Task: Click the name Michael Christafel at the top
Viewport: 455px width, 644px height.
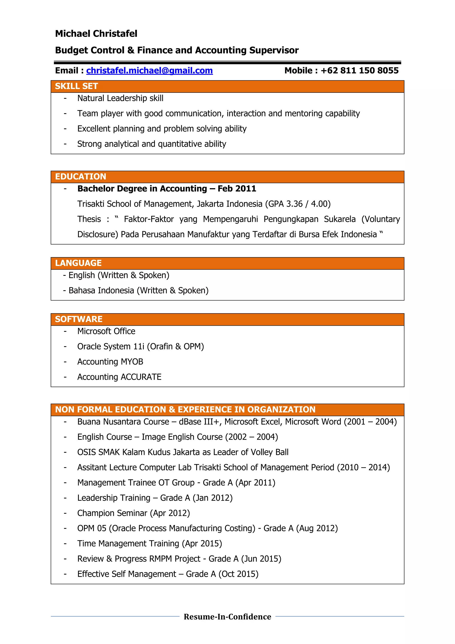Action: [96, 34]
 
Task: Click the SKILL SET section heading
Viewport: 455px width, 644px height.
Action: [76, 86]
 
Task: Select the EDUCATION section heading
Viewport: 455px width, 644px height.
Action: [80, 177]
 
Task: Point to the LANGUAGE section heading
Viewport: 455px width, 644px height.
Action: [78, 263]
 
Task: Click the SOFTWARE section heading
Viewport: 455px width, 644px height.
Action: [78, 319]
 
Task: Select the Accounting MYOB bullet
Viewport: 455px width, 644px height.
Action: [110, 362]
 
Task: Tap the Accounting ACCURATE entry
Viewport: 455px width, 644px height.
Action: [119, 377]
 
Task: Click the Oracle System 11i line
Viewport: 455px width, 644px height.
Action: [140, 347]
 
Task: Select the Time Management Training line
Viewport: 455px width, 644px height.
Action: [149, 544]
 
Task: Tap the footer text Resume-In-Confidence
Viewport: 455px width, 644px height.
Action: [227, 617]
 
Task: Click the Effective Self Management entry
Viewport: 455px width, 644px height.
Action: [168, 574]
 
